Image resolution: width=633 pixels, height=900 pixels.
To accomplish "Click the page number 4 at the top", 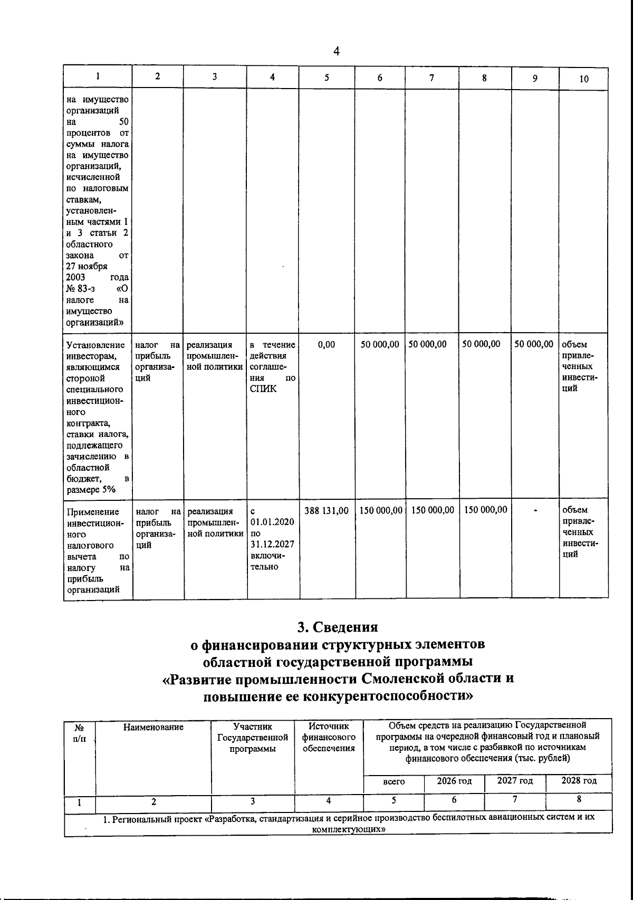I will click(x=337, y=51).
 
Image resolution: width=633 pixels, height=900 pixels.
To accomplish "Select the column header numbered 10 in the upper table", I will click(x=583, y=79).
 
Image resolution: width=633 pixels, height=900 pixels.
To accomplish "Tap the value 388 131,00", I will click(x=327, y=510).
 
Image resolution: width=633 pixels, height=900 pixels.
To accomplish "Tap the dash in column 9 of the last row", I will click(x=535, y=510).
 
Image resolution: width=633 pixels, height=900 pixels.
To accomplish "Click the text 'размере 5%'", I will click(x=91, y=490).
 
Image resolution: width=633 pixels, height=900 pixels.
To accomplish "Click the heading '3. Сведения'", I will click(x=337, y=627).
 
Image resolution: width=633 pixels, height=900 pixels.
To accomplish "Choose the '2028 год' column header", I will click(x=579, y=781).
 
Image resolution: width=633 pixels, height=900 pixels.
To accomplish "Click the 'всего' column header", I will click(x=394, y=781).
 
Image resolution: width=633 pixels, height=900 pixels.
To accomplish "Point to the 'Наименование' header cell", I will click(x=153, y=727).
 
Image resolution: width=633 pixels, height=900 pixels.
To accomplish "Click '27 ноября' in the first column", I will click(x=87, y=266).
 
